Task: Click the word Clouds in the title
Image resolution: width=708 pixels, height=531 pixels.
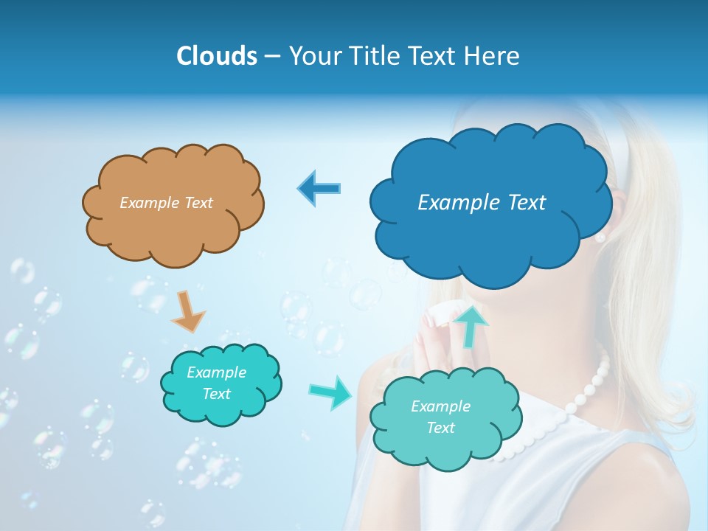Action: [x=216, y=56]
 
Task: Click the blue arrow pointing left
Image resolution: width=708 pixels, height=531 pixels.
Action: [x=319, y=188]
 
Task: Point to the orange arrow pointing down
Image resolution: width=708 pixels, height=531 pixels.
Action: [x=187, y=311]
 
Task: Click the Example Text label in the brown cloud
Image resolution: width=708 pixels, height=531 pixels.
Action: [x=166, y=203]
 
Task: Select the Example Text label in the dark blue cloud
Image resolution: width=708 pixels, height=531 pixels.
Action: [x=482, y=203]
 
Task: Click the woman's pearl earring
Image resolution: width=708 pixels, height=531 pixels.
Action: [x=600, y=236]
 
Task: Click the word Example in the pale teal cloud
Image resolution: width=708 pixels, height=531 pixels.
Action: [x=440, y=406]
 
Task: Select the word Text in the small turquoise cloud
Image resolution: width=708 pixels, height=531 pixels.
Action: [x=217, y=394]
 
